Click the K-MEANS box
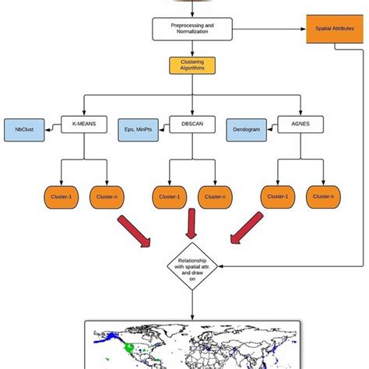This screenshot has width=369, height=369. coord(83,125)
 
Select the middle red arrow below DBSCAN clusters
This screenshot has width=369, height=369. coord(188,228)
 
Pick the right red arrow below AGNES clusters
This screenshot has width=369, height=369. coord(247,232)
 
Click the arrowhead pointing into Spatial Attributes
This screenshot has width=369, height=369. coord(302,30)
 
